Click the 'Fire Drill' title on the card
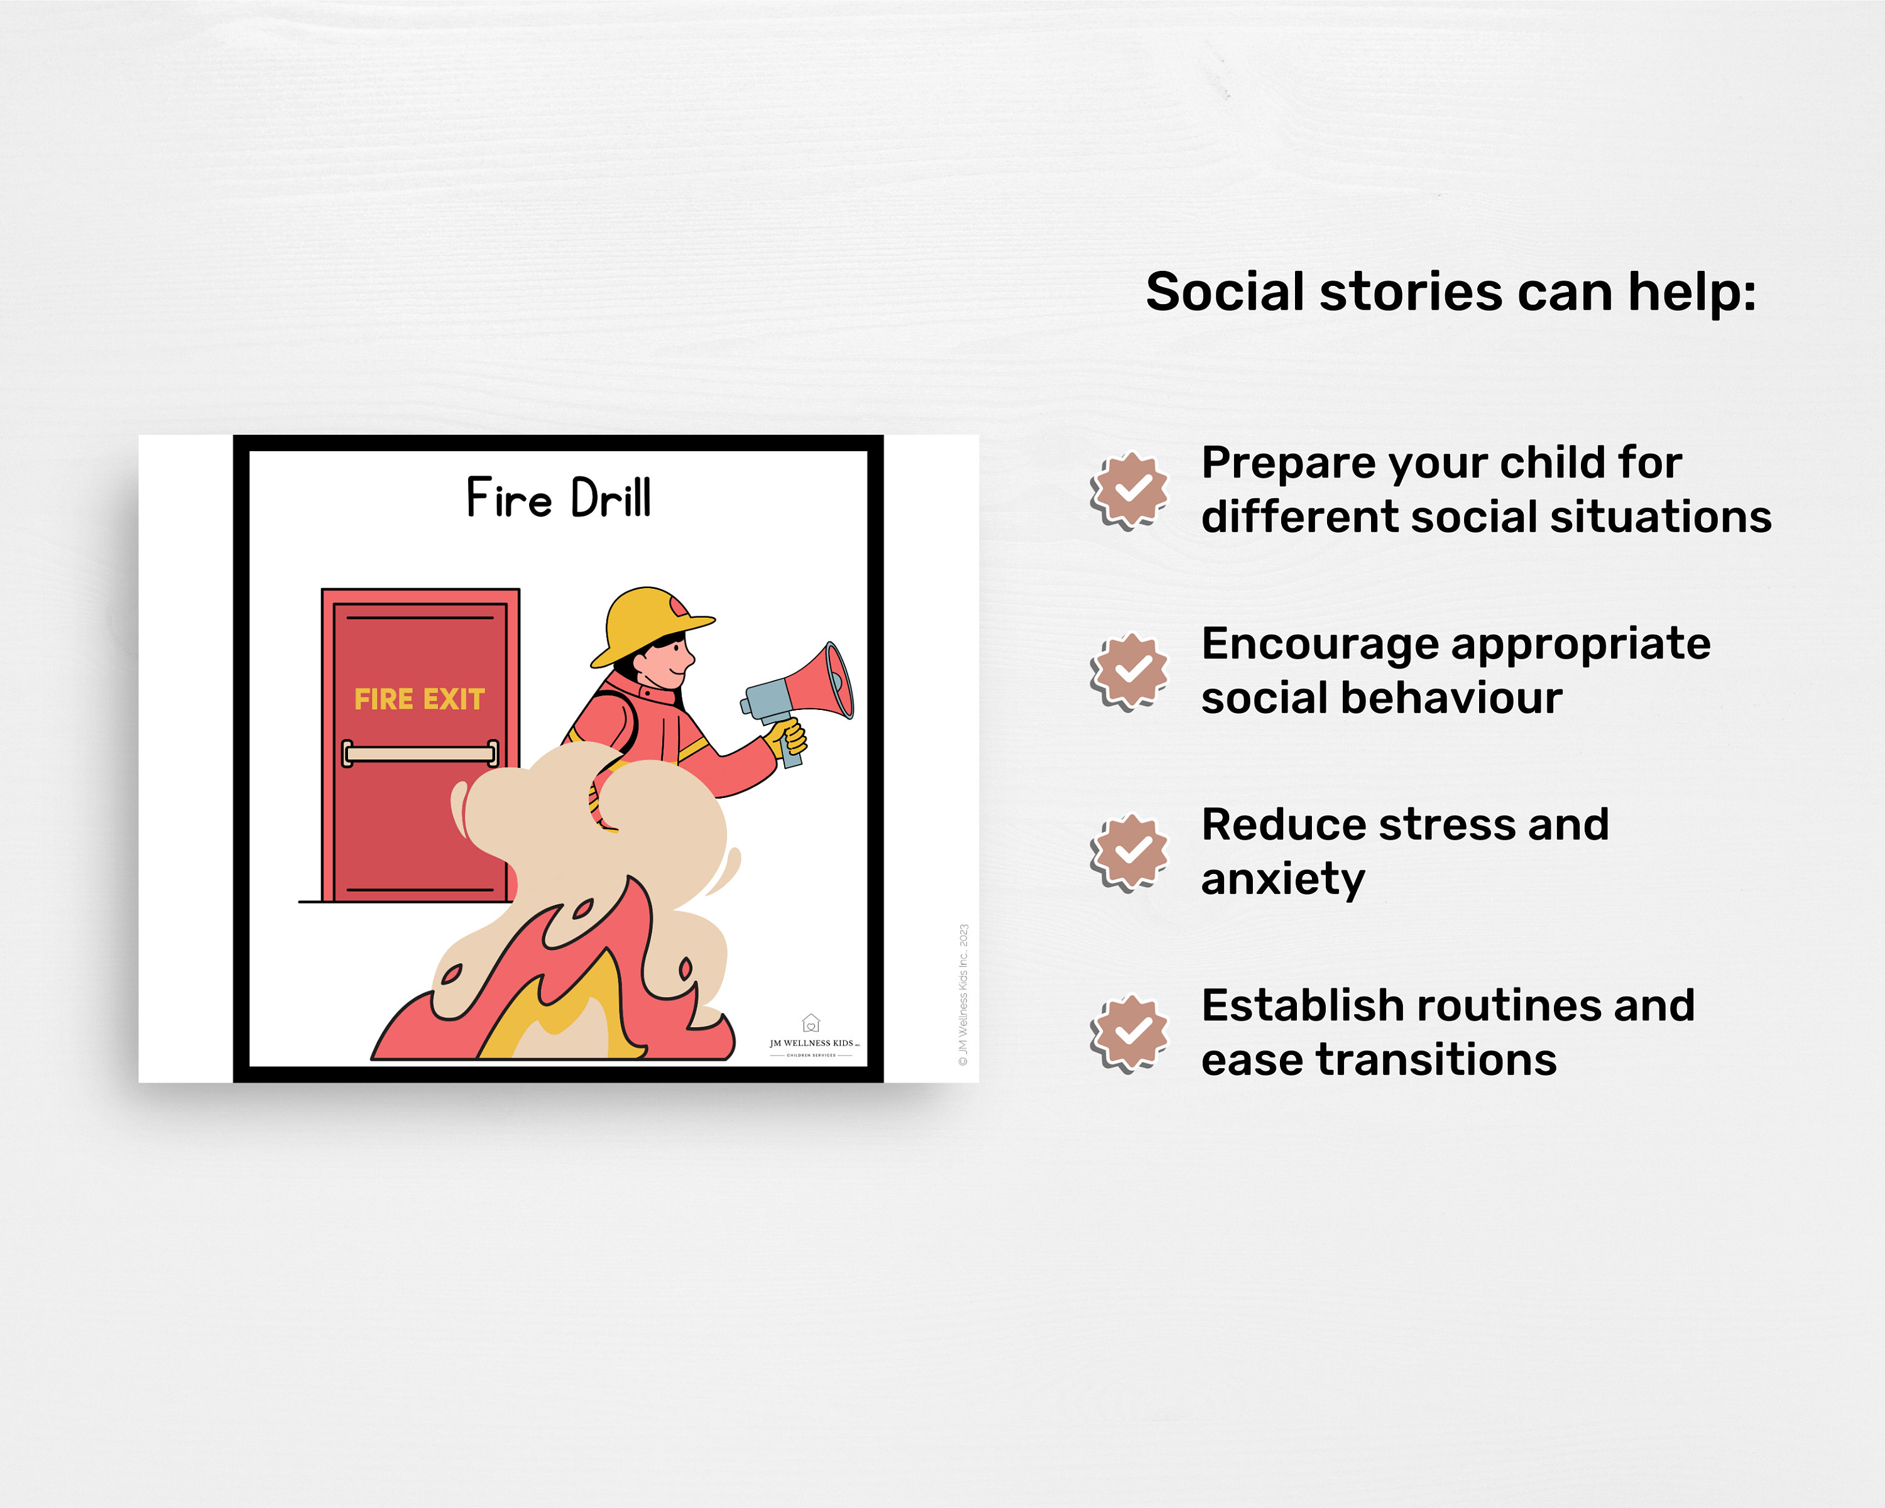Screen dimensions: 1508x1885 [558, 498]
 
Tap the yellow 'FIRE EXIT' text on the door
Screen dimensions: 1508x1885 [419, 699]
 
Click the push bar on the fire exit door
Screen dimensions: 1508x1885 [420, 753]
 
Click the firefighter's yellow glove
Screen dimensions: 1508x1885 [788, 739]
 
